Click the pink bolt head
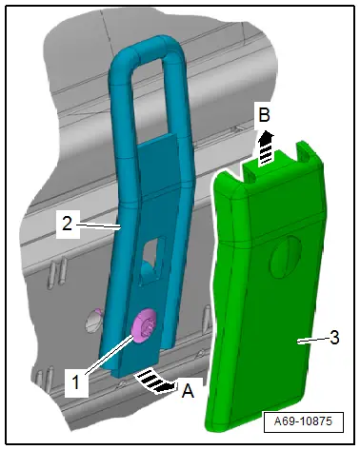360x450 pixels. pyautogui.click(x=145, y=325)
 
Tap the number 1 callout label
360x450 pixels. pyautogui.click(x=75, y=382)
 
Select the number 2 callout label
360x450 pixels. pyautogui.click(x=67, y=224)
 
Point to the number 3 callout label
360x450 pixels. pyautogui.click(x=334, y=338)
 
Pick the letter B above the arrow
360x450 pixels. pyautogui.click(x=264, y=114)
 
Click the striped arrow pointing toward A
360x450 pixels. pyautogui.click(x=155, y=381)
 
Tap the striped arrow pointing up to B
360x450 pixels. pyautogui.click(x=266, y=148)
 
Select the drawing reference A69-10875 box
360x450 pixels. pyautogui.click(x=304, y=421)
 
